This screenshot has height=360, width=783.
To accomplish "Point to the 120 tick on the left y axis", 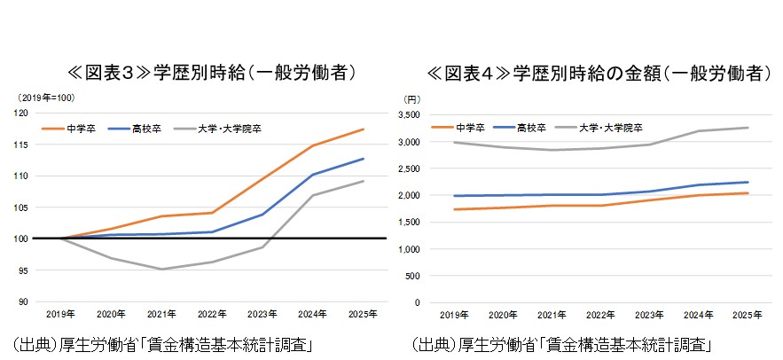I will [20, 113].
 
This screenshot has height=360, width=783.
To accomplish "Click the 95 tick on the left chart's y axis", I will [22, 270].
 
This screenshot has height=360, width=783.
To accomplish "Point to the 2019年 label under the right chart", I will [455, 315].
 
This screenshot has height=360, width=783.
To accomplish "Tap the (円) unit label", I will [411, 98].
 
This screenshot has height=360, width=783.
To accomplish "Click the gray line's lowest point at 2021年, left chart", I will [161, 269].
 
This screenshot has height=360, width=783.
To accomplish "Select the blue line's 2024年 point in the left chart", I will [313, 175].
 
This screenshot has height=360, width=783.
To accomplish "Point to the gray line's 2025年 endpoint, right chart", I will [748, 128].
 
